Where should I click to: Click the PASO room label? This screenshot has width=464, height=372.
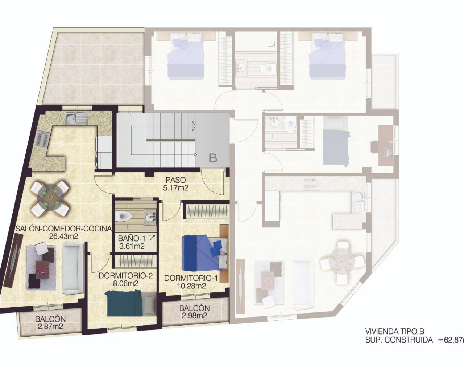click(x=176, y=179)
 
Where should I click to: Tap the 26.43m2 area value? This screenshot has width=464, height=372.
click(x=64, y=236)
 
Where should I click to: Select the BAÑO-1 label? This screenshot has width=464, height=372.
click(x=131, y=239)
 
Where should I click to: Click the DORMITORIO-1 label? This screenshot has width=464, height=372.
click(x=185, y=278)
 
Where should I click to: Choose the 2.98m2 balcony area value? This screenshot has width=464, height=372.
click(x=194, y=315)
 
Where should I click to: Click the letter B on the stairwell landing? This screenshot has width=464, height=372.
click(x=213, y=158)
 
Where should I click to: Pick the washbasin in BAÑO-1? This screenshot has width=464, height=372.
click(x=149, y=217)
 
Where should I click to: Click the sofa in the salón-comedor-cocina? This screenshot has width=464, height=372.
click(x=73, y=268)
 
